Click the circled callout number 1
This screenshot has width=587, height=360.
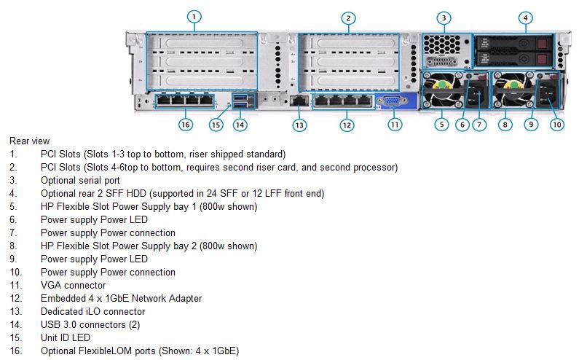pyautogui.click(x=194, y=17)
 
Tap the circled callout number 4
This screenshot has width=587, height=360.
pyautogui.click(x=526, y=18)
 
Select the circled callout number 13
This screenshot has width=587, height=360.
pyautogui.click(x=299, y=125)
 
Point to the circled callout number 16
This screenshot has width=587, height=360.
pyautogui.click(x=185, y=125)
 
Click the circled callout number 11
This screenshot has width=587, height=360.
pyautogui.click(x=395, y=125)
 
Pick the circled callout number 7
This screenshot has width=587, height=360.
pyautogui.click(x=479, y=125)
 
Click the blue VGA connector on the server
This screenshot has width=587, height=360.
pyautogui.click(x=391, y=101)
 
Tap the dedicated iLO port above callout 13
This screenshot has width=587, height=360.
pyautogui.click(x=299, y=101)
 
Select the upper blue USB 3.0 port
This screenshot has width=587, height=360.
pyautogui.click(x=240, y=98)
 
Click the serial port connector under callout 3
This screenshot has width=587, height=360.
pyautogui.click(x=442, y=61)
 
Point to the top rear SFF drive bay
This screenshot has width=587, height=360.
pyautogui.click(x=513, y=44)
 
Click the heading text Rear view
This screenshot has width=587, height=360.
pyautogui.click(x=30, y=141)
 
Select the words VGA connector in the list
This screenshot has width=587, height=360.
pyautogui.click(x=74, y=285)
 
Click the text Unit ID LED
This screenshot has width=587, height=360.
pyautogui.click(x=66, y=337)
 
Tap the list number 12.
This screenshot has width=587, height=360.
pyautogui.click(x=16, y=298)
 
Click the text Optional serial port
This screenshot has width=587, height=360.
pyautogui.click(x=80, y=180)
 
